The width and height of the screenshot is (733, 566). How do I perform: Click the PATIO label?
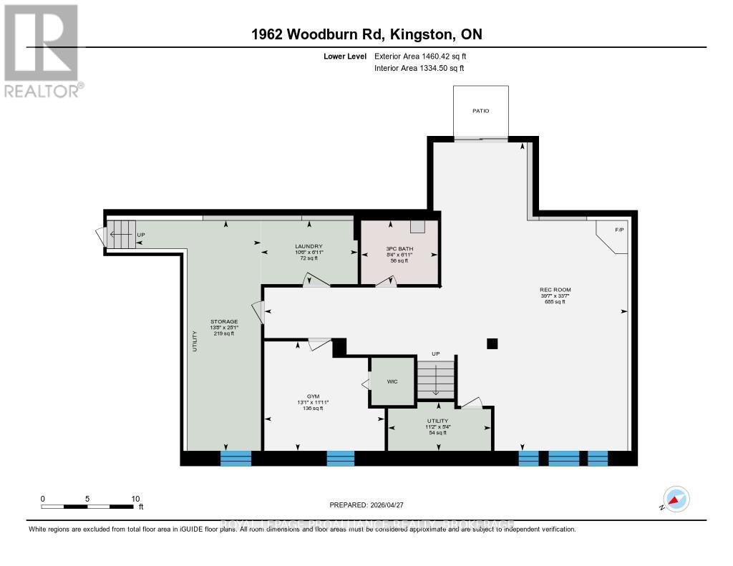(x=480, y=111)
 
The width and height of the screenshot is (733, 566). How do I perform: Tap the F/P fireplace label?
(x=620, y=230)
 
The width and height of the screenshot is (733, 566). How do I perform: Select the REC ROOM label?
(x=555, y=290)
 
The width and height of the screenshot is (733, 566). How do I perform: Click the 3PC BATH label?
(x=399, y=249)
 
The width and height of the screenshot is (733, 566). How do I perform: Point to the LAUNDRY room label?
(x=309, y=247)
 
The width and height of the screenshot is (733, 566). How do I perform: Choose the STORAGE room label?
(x=223, y=321)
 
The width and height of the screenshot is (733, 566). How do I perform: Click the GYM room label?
(x=313, y=396)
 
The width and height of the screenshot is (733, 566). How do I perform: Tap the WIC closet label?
(x=391, y=381)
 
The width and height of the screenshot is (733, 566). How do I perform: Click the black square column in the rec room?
(x=492, y=343)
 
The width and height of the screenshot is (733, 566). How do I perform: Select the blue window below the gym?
(x=341, y=458)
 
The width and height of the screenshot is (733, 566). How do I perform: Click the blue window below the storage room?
(x=236, y=458)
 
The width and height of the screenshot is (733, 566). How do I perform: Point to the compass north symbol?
(x=675, y=499)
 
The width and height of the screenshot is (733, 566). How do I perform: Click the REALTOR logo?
(x=42, y=51)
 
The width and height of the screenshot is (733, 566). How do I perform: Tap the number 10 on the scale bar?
(x=135, y=499)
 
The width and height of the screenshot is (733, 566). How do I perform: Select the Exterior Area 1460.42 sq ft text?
(x=420, y=56)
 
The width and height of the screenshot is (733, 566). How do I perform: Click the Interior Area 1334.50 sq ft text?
(x=419, y=68)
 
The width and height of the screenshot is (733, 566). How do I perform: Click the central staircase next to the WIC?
(x=435, y=378)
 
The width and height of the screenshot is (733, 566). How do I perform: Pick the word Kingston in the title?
(x=419, y=34)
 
